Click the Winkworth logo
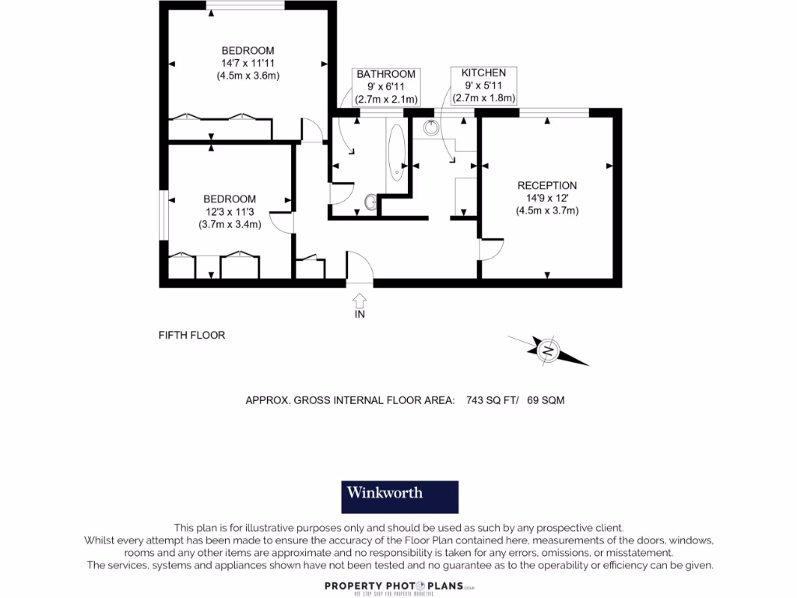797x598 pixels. click(x=400, y=497)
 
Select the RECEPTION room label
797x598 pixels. click(x=547, y=185)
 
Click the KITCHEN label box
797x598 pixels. click(x=483, y=86)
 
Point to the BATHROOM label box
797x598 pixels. click(x=386, y=86)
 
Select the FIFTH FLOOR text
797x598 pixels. click(x=191, y=336)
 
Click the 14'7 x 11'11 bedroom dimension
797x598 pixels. click(x=248, y=63)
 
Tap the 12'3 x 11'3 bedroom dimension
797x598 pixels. click(x=230, y=212)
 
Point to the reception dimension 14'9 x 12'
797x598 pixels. click(x=547, y=198)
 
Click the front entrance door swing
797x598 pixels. click(x=360, y=266)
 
